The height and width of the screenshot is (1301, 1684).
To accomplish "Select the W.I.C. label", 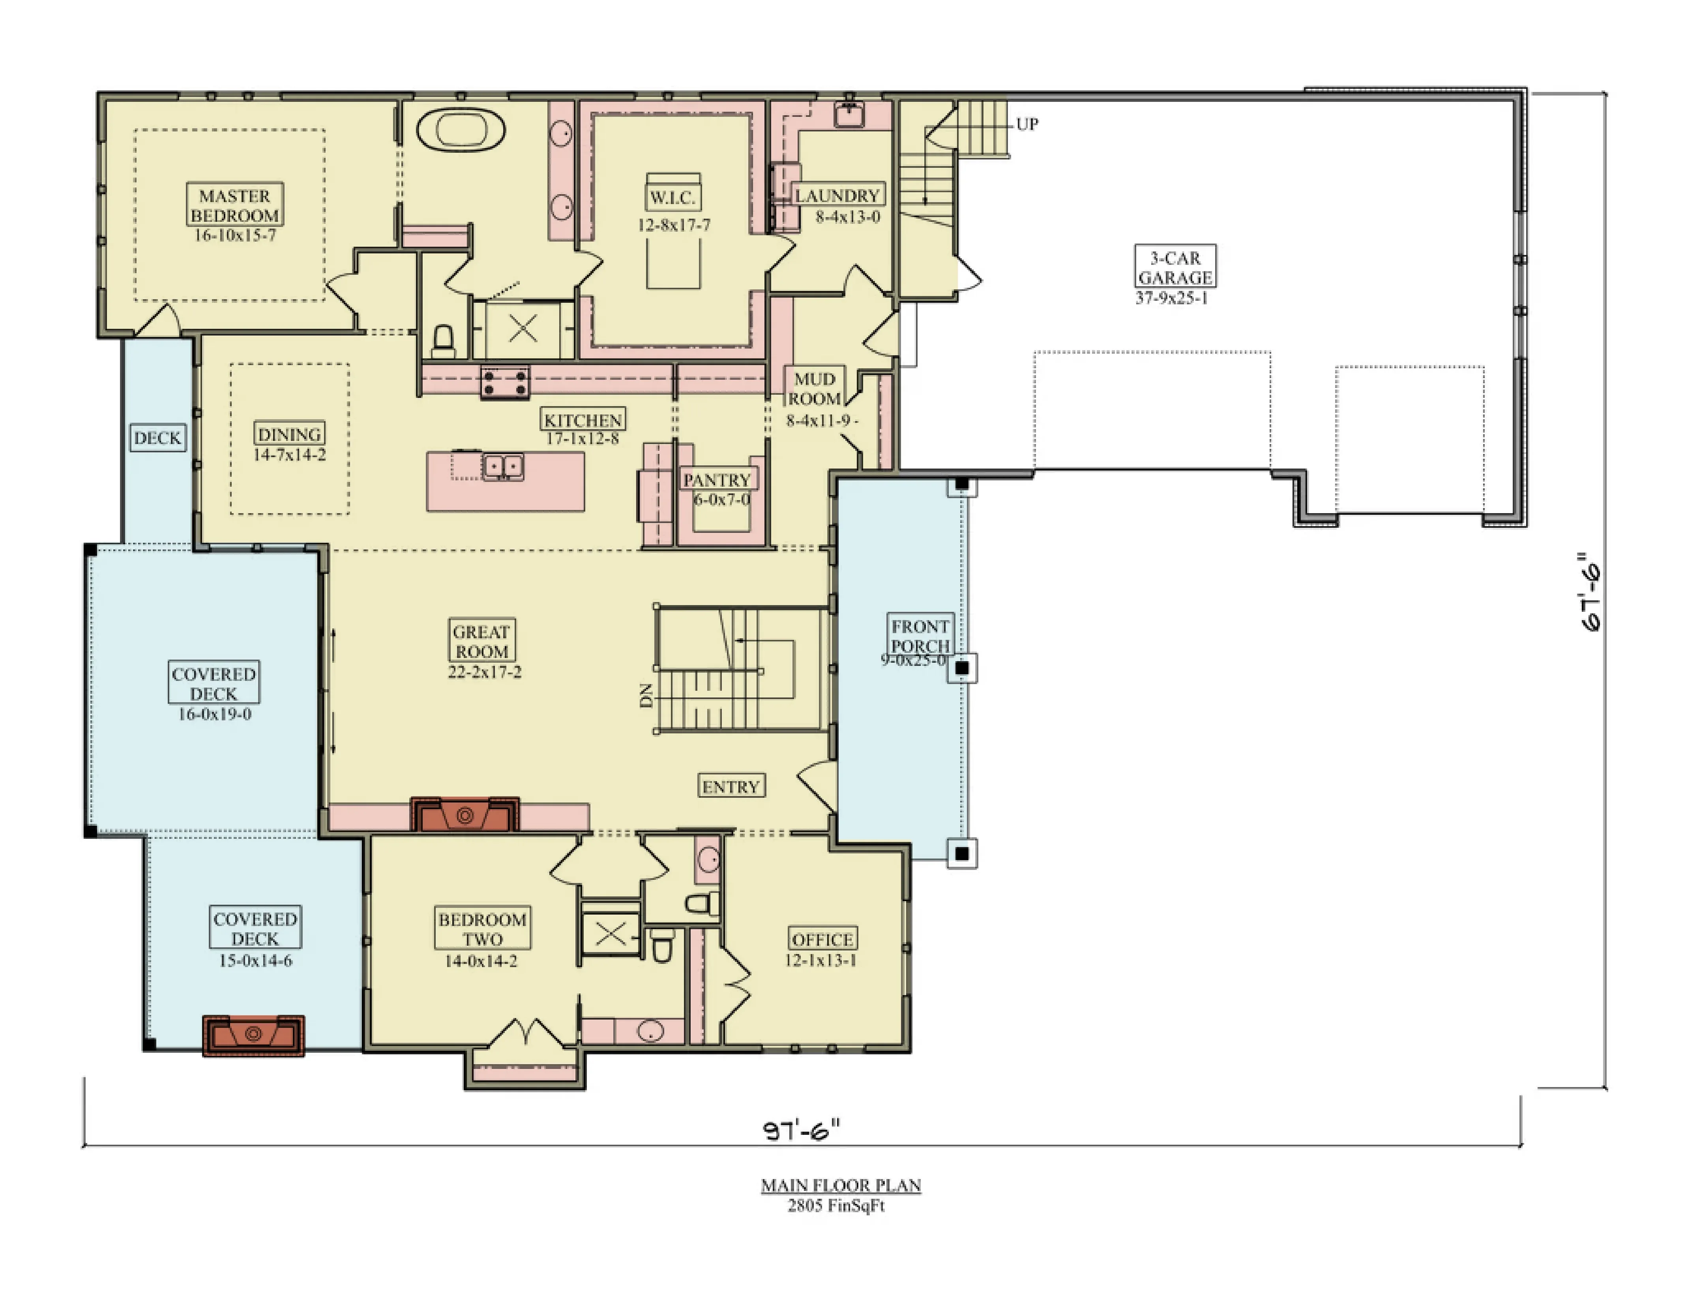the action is (673, 197).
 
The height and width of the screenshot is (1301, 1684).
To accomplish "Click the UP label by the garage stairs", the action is (1027, 124).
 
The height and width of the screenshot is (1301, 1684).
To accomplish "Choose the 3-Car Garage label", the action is (1175, 267).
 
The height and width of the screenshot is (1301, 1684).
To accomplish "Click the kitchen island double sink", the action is (503, 467).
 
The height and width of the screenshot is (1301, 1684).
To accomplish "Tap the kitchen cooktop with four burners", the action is (505, 382).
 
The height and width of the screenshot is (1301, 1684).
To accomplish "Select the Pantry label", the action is (717, 480).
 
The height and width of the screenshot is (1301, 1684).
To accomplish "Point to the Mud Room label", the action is (815, 389).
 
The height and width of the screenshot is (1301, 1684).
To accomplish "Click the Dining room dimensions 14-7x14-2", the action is (290, 455).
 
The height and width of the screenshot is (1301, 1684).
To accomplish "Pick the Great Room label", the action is (482, 641).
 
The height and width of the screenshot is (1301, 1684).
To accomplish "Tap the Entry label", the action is (731, 787).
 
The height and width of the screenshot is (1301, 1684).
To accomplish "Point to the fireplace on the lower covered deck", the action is (254, 1035).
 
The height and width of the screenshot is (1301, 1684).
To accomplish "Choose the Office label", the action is (823, 939).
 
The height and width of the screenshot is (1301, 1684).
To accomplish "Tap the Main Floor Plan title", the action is (841, 1185).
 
